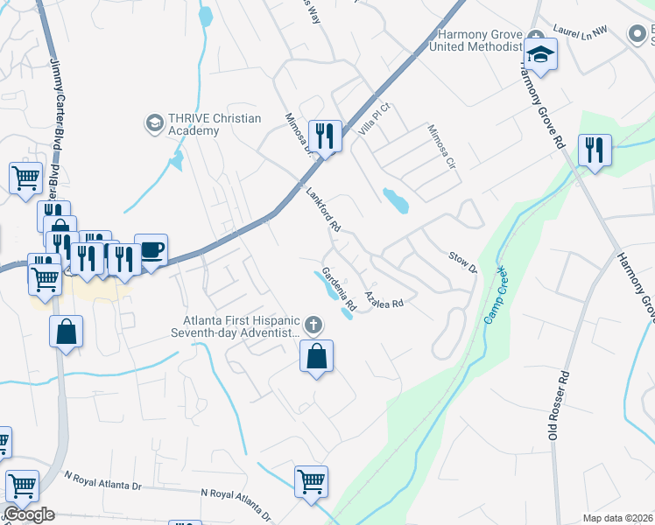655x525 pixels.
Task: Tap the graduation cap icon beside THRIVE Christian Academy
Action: [155, 122]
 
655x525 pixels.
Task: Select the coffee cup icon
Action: [151, 250]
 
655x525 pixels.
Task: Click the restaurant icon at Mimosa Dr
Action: [325, 136]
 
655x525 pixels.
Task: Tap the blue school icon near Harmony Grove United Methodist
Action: [540, 54]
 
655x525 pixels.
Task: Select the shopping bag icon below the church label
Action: [316, 356]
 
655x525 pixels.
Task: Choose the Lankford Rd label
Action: [322, 209]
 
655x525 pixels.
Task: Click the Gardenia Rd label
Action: [338, 290]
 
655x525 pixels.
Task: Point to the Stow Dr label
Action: [461, 261]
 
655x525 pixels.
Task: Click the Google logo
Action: [29, 514]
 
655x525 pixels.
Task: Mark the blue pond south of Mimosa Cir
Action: [396, 201]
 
